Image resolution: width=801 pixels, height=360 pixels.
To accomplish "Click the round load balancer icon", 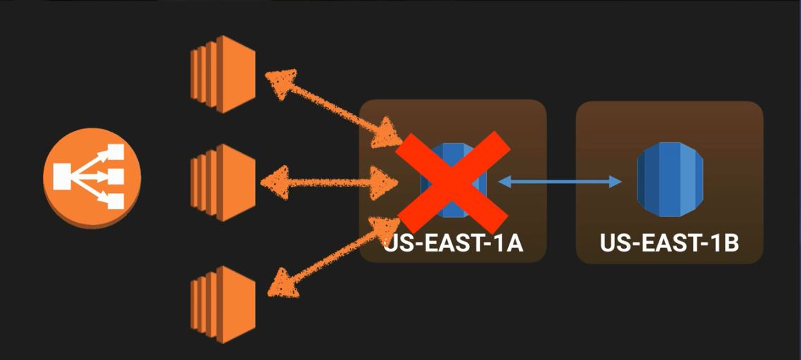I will (x=92, y=177).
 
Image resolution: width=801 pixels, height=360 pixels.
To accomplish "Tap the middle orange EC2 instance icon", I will (x=222, y=182).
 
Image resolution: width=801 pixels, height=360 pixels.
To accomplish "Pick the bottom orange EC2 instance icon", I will (x=222, y=304).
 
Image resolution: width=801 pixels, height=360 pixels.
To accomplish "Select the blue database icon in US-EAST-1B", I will (x=670, y=179).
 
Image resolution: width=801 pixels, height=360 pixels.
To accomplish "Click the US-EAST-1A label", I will (x=453, y=244).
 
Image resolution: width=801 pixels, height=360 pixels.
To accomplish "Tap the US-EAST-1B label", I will (x=669, y=244).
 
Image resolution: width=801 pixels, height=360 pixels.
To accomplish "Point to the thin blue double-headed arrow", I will (x=560, y=182).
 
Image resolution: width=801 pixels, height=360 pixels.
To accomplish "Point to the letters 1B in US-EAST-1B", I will (x=724, y=244).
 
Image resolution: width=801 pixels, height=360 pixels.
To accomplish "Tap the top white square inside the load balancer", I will (x=115, y=153).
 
